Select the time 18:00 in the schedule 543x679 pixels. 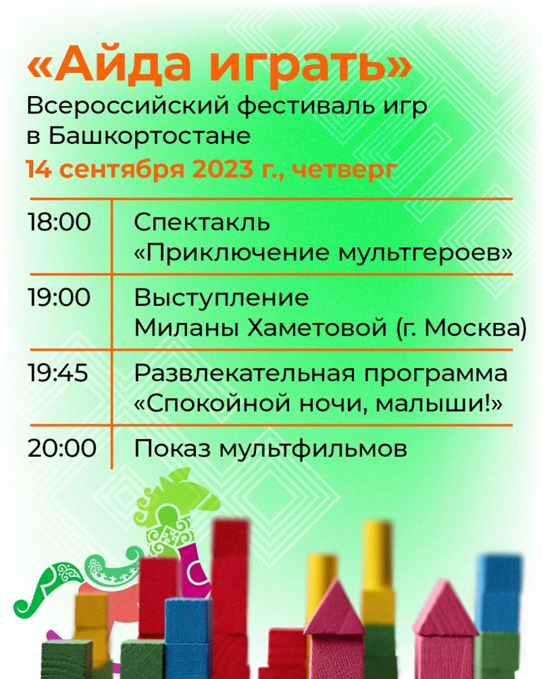click(59, 222)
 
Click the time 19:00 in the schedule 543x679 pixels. click(59, 298)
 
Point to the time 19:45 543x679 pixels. click(58, 373)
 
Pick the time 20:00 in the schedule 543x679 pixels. click(62, 448)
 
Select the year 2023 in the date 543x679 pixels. click(223, 169)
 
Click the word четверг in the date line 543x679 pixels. click(345, 170)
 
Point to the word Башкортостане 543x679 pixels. click(149, 135)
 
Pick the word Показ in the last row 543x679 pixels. click(172, 449)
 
